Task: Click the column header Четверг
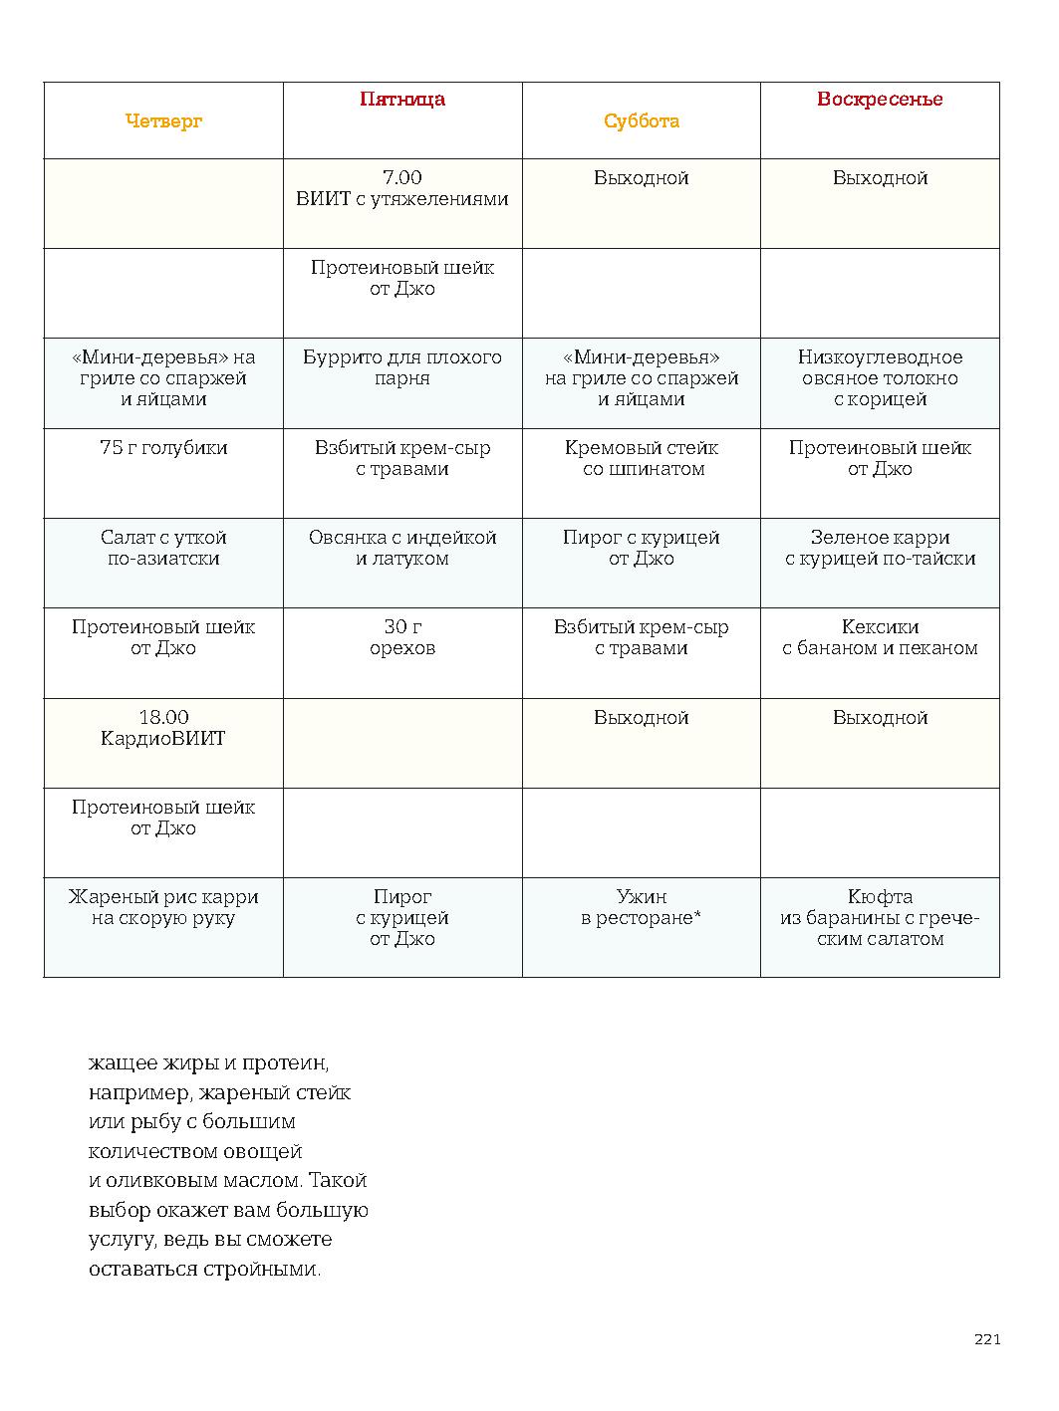coord(163,121)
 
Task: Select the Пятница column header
coord(402,100)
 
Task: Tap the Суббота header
coord(642,121)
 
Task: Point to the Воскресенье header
coord(880,100)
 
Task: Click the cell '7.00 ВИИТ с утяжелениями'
coord(402,188)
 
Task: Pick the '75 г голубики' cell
coord(163,448)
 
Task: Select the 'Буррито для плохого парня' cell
coord(402,367)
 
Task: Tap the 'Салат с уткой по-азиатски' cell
coord(163,548)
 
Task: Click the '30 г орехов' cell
coord(402,637)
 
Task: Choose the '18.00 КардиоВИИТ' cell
coord(163,728)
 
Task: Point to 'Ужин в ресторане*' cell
coord(642,907)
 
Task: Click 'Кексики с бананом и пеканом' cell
coord(880,637)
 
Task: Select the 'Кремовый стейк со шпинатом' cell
coord(642,458)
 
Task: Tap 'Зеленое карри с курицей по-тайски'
coord(880,548)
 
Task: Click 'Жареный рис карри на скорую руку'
coord(163,907)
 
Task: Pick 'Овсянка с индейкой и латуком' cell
coord(402,548)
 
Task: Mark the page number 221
coord(986,1339)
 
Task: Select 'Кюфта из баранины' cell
coord(880,917)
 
